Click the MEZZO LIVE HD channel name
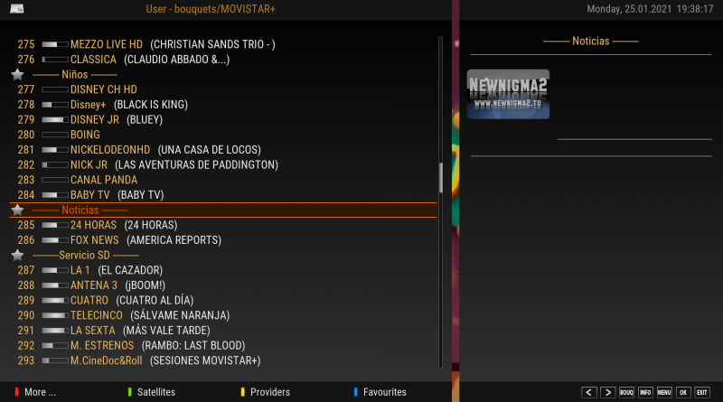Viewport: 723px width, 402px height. pos(106,44)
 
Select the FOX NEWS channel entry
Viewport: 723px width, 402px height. pos(94,240)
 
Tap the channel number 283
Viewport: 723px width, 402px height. pos(26,180)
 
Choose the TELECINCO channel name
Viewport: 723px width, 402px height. pos(97,315)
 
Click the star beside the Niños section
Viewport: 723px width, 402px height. pos(17,75)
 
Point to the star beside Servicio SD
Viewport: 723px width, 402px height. pos(17,256)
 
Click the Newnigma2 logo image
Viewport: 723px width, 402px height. pos(508,94)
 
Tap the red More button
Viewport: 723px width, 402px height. pos(35,392)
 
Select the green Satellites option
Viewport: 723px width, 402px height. pos(152,392)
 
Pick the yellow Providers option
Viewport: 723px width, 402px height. pos(266,392)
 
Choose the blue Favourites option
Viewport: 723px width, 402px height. pos(380,392)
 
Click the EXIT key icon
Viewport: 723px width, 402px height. pos(702,392)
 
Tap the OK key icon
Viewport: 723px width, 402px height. pos(683,392)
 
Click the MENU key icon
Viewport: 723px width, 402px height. pos(664,392)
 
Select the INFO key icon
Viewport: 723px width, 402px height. pos(645,392)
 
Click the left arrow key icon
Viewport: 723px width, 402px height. pos(589,392)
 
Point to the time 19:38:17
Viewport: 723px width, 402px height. pos(695,9)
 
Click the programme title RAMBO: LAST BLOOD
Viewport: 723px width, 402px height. pos(193,346)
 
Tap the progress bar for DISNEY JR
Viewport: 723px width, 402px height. pos(55,120)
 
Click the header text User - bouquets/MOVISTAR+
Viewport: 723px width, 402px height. pos(211,9)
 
